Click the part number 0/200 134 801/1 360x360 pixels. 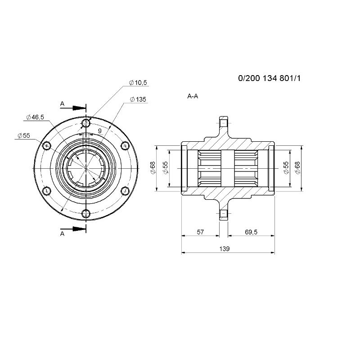click(x=269, y=78)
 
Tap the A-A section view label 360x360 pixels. click(x=193, y=96)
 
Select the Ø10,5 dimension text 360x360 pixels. click(x=138, y=83)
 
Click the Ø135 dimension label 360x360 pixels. click(x=138, y=99)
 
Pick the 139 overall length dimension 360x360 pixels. click(x=224, y=249)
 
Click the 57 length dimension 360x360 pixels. click(x=200, y=232)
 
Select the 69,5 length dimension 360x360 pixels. click(x=251, y=232)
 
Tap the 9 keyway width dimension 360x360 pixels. click(x=99, y=131)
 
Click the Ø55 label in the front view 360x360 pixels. click(x=24, y=135)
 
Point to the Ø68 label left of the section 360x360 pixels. click(x=153, y=168)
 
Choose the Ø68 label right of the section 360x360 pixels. click(x=297, y=168)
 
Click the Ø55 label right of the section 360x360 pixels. click(x=286, y=168)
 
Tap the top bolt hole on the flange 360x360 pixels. click(x=86, y=123)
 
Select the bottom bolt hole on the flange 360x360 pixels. click(x=86, y=213)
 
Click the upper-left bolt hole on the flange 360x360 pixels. click(x=47, y=145)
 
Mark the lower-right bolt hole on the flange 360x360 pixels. click(x=125, y=190)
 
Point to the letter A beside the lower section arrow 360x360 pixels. click(x=62, y=234)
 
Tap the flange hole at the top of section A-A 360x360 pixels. click(x=224, y=123)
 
